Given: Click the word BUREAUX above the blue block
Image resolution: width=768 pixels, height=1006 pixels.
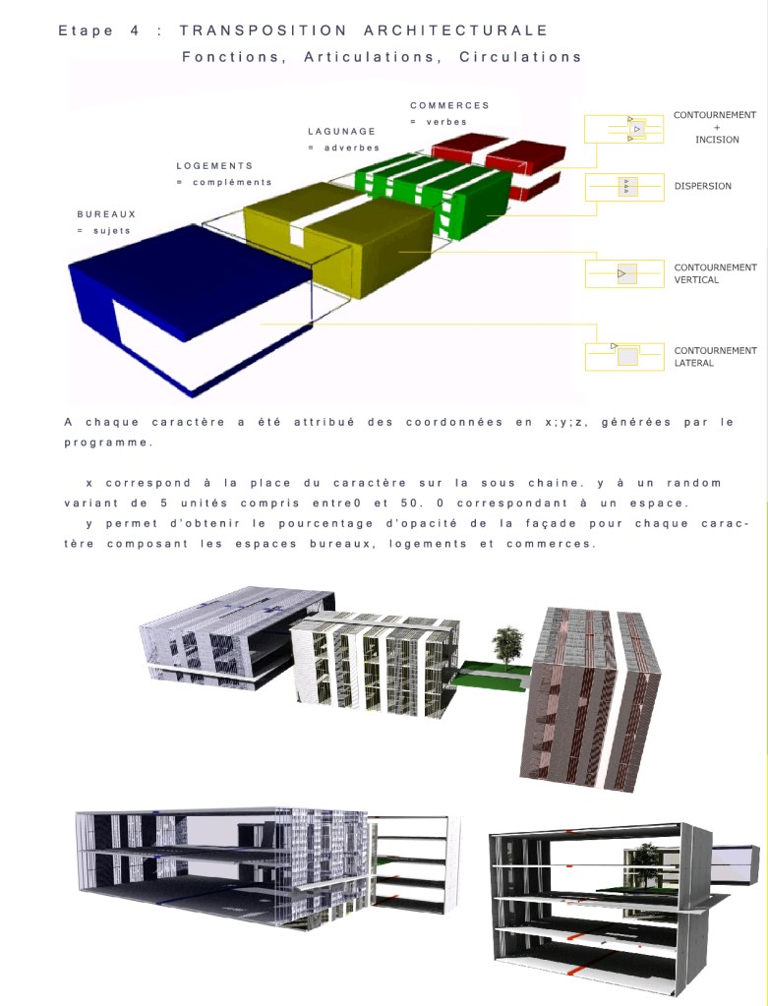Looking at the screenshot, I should pyautogui.click(x=106, y=213).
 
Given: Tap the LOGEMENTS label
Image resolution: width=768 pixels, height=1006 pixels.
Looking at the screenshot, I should pyautogui.click(x=214, y=165).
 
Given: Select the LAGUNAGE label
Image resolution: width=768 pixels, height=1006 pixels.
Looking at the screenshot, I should pyautogui.click(x=341, y=131).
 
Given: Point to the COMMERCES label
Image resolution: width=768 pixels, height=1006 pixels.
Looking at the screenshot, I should pyautogui.click(x=449, y=105).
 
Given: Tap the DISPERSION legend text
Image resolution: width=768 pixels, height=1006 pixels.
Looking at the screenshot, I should pyautogui.click(x=702, y=186).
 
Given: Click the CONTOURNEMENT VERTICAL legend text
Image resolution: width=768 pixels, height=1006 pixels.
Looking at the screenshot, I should pyautogui.click(x=715, y=273).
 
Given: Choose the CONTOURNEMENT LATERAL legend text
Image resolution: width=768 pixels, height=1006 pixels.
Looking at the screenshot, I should pyautogui.click(x=715, y=356).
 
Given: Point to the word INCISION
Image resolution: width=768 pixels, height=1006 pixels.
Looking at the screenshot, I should pyautogui.click(x=717, y=140).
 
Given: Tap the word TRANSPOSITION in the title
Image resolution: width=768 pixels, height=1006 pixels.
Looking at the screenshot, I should pyautogui.click(x=264, y=30).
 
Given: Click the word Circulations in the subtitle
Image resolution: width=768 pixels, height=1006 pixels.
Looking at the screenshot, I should pyautogui.click(x=520, y=57).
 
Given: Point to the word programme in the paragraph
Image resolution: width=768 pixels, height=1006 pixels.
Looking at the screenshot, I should pyautogui.click(x=107, y=443).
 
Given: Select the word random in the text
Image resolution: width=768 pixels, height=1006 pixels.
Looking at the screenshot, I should pyautogui.click(x=693, y=483).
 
